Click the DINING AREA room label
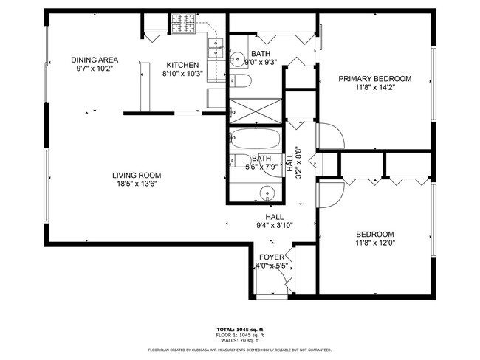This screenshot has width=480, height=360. point(95,60)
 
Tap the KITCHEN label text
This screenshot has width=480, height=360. point(182,64)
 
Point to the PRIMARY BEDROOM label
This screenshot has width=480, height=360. point(374,78)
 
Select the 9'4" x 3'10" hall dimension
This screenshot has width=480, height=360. point(275,226)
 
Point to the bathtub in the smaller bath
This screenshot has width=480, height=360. point(255,139)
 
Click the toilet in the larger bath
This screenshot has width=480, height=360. point(244,80)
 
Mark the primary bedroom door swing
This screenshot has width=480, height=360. point(329,136)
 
